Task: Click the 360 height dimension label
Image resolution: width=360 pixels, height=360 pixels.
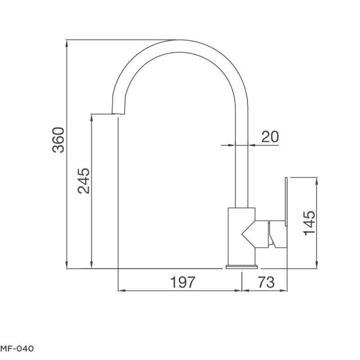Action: (58, 140)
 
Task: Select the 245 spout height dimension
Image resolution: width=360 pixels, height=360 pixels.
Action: (84, 181)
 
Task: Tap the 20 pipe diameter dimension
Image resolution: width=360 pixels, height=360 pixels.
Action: (270, 137)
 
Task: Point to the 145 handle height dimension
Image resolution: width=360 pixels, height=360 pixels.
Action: (310, 223)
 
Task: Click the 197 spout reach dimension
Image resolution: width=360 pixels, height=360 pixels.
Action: (183, 282)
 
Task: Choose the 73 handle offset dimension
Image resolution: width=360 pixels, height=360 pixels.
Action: (266, 282)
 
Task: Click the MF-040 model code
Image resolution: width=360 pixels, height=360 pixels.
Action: (17, 348)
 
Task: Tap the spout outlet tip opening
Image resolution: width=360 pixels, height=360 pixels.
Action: (118, 114)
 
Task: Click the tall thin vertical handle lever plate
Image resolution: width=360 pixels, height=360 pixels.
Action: (286, 201)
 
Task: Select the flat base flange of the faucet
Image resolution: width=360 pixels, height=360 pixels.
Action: (242, 267)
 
